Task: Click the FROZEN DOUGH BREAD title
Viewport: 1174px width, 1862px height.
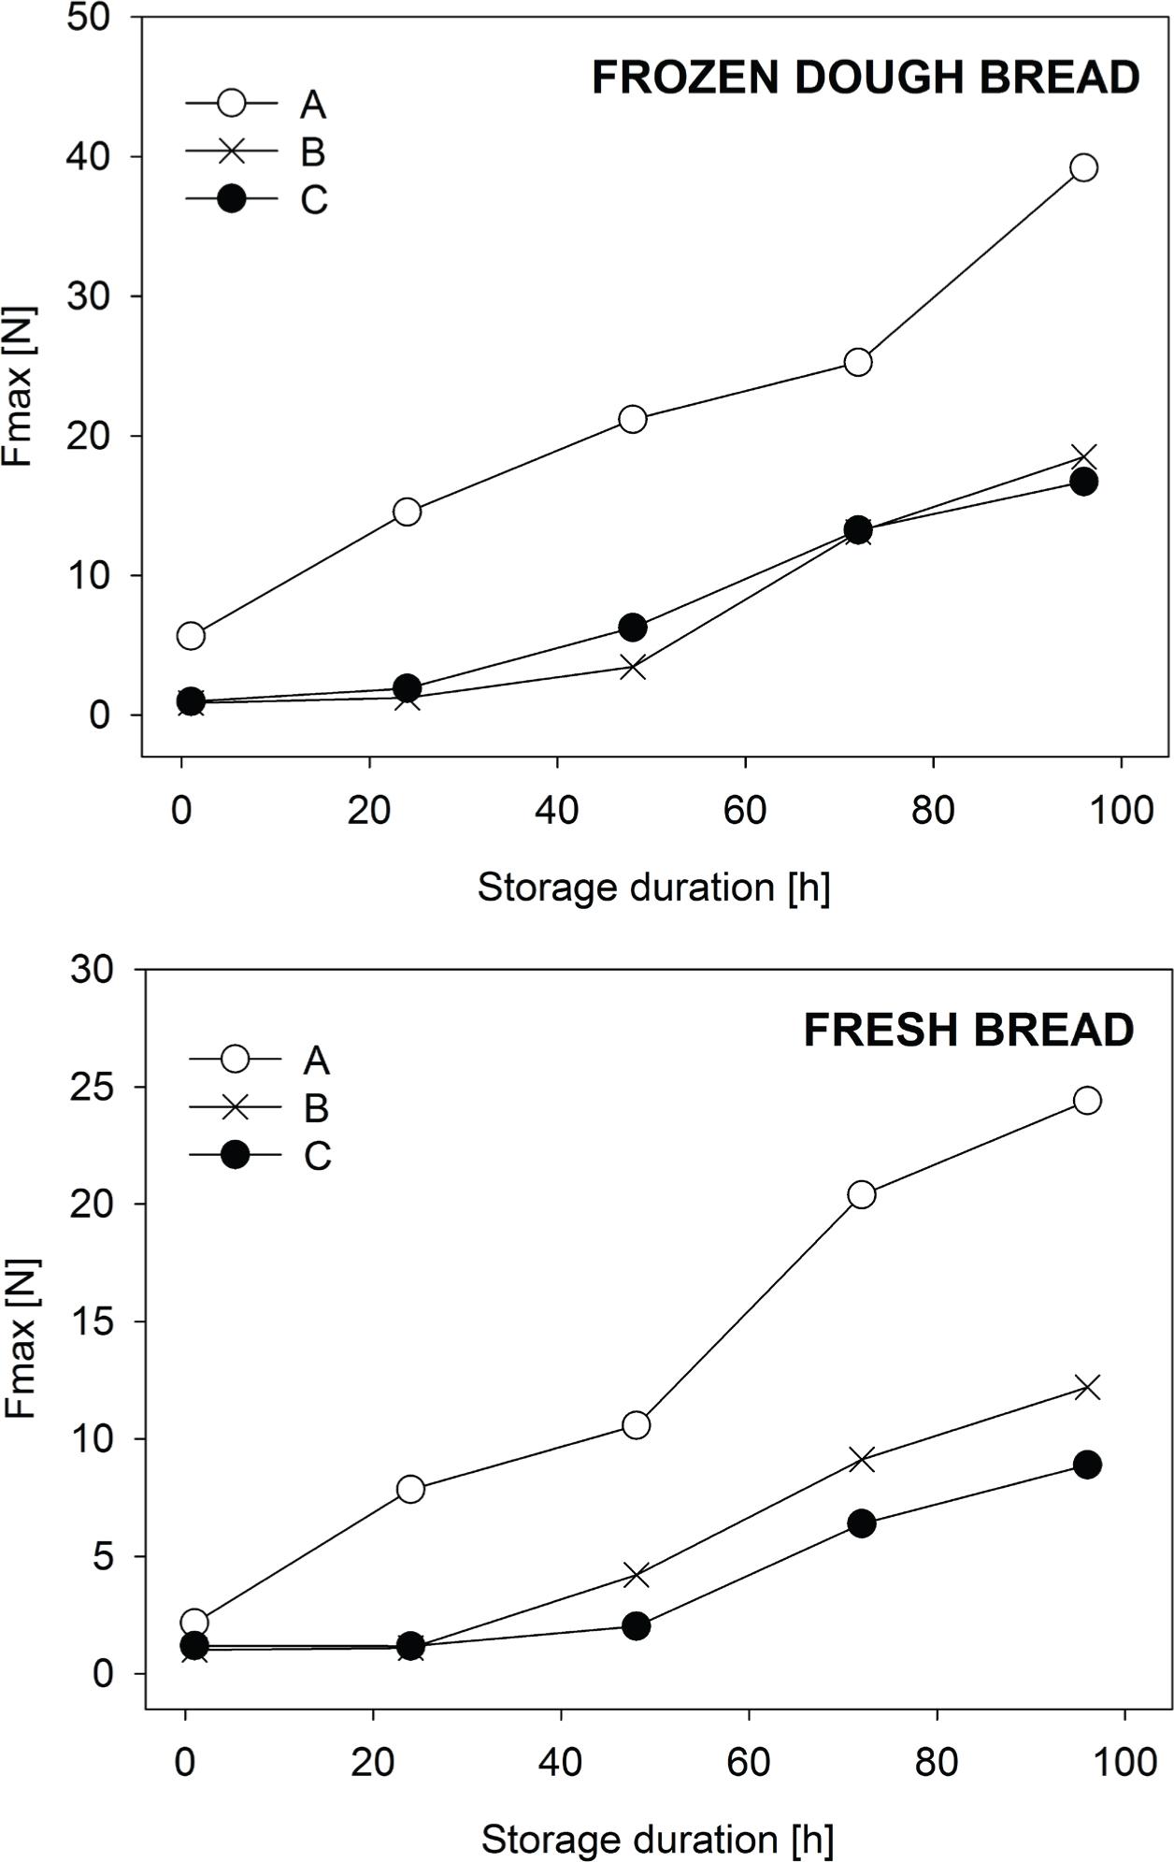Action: [x=865, y=78]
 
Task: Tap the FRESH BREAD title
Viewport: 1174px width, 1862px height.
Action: [x=968, y=1031]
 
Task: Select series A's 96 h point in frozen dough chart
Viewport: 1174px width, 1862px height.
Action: [x=1083, y=168]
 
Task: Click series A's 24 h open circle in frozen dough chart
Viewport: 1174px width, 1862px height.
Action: [x=408, y=512]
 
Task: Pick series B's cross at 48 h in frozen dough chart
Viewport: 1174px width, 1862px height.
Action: [x=633, y=668]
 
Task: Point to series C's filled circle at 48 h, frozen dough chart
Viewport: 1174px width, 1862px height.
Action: [x=633, y=628]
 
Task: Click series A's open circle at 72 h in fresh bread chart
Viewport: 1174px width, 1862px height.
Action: [x=861, y=1194]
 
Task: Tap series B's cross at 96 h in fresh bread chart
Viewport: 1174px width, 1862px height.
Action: [x=1087, y=1387]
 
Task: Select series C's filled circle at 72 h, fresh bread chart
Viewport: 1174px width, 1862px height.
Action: [x=861, y=1523]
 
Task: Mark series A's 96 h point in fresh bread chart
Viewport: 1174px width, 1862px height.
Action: [x=1087, y=1101]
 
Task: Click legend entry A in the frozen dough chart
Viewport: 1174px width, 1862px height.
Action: [x=313, y=105]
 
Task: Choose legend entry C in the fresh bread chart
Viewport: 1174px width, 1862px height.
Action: [x=317, y=1157]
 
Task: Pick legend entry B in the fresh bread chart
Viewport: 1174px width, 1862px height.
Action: [x=317, y=1108]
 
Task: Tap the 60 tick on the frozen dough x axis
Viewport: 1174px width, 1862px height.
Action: [x=745, y=810]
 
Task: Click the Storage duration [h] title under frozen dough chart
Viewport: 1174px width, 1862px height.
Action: [x=653, y=887]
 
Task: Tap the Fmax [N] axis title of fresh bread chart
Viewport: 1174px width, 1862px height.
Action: [x=21, y=1338]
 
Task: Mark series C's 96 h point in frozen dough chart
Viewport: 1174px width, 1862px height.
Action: [x=1083, y=482]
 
